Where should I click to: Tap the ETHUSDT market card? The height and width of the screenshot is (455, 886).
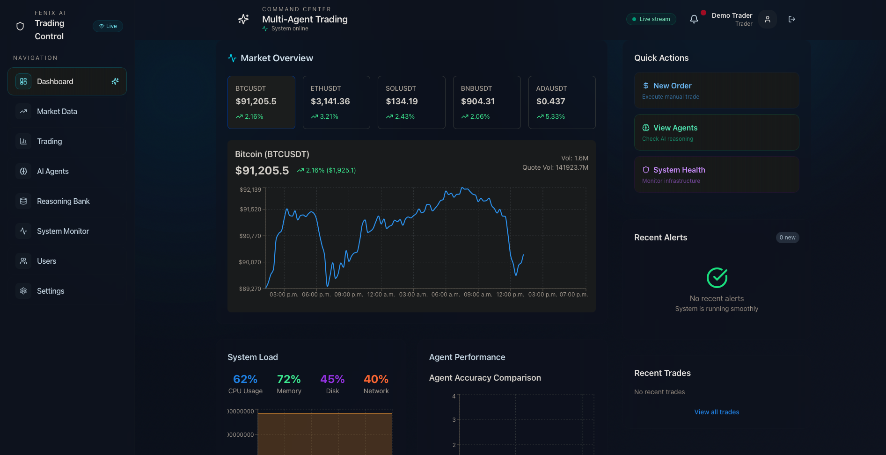337,102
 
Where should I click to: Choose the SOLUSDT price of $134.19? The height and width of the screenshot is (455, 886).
402,101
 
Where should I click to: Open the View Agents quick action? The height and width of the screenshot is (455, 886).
717,132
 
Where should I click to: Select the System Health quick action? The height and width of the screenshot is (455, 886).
717,174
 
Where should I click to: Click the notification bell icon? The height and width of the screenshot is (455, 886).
694,19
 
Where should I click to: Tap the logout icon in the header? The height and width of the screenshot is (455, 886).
792,19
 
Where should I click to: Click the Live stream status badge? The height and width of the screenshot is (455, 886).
651,19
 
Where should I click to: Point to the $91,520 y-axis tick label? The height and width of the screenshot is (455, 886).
250,209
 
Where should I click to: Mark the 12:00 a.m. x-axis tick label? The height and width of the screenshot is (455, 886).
381,295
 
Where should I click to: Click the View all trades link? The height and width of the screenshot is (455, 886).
717,412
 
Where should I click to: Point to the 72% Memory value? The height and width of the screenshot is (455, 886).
289,379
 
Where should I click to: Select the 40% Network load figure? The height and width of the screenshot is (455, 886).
376,379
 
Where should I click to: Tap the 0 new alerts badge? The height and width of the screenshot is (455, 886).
787,238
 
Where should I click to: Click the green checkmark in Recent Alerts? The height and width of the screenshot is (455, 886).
717,278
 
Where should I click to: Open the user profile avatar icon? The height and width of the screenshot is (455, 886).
768,19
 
